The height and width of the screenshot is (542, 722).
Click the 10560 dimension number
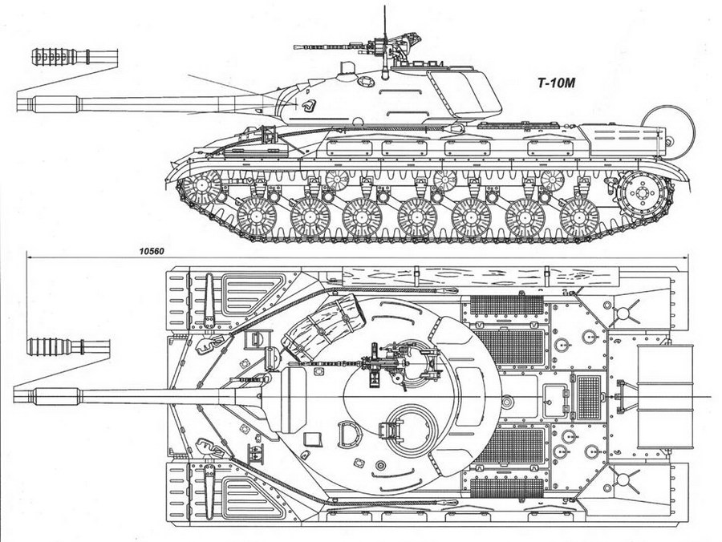click(x=151, y=251)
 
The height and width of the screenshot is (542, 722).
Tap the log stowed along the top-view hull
click(x=481, y=277)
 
